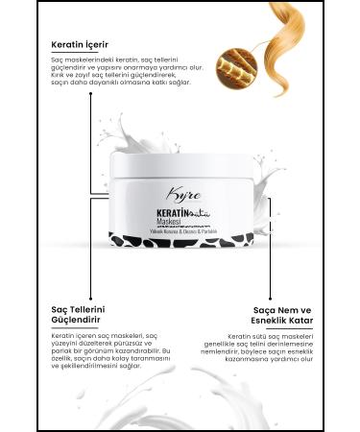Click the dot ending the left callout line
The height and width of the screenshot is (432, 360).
pos(92,290)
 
